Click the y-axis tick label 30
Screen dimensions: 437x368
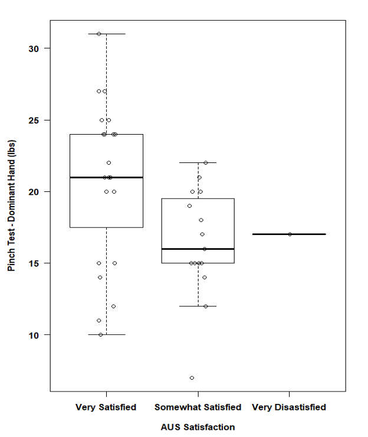coord(35,48)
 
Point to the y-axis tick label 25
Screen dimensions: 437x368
coord(35,120)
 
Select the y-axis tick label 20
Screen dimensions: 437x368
coord(35,191)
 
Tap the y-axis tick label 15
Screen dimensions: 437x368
coord(35,263)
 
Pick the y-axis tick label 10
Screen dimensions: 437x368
coord(35,335)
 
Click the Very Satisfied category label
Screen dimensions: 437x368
coord(106,407)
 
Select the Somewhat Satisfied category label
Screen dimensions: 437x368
coord(198,407)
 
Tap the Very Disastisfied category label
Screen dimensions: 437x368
coord(289,407)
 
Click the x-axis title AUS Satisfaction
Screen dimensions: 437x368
coord(198,427)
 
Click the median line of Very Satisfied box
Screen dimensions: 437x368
coord(106,177)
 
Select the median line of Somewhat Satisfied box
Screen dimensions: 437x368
coord(198,249)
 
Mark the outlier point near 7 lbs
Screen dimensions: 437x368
coord(192,378)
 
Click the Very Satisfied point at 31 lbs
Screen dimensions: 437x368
coord(99,34)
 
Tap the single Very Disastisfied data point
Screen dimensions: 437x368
coord(290,234)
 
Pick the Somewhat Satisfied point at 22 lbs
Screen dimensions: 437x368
coord(206,162)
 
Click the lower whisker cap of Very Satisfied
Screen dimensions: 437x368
coord(106,335)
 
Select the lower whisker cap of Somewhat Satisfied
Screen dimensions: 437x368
coord(198,306)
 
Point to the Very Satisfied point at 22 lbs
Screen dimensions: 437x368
coord(109,163)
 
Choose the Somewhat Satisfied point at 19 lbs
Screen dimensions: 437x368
coord(189,206)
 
